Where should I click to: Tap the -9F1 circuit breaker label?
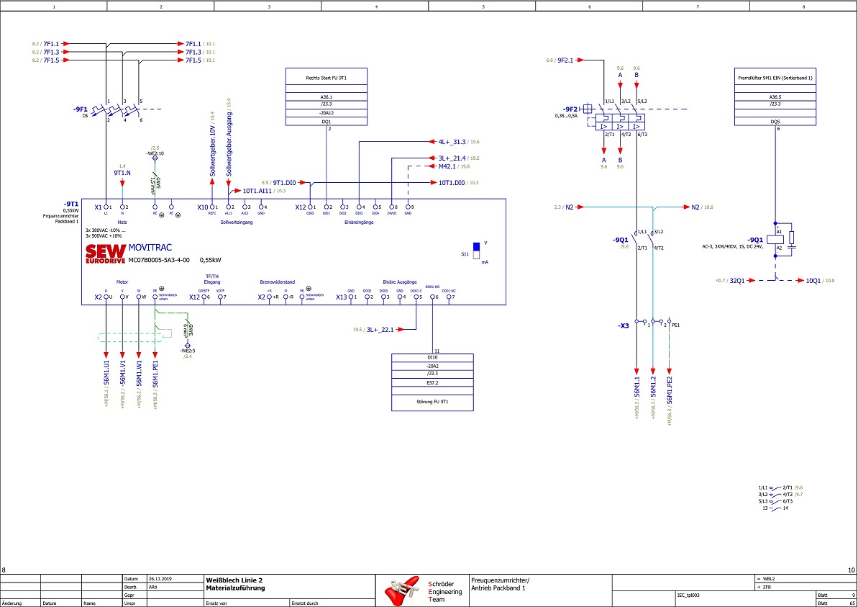pos(80,109)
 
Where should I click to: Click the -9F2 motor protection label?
pos(570,109)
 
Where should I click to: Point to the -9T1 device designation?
pos(70,204)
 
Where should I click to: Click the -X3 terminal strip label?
pos(624,325)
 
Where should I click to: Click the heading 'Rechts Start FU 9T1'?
pos(327,76)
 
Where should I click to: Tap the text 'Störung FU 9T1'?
pos(432,401)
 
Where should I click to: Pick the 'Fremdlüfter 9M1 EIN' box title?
pos(775,76)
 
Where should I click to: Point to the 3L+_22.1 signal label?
pos(380,329)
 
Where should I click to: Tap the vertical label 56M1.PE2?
pos(670,393)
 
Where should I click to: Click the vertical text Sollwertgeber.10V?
pos(213,151)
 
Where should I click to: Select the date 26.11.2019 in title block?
pos(161,578)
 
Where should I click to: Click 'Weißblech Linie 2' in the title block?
pos(229,579)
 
